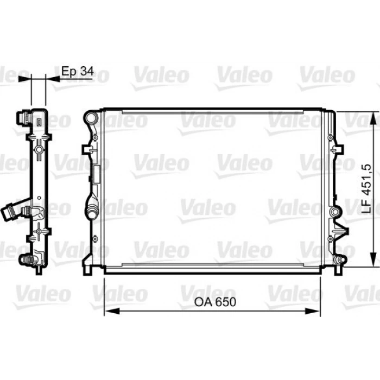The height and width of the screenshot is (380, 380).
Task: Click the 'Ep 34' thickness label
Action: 78,71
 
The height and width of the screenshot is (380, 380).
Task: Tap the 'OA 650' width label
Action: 215,302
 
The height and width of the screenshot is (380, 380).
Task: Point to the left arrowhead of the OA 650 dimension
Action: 112,311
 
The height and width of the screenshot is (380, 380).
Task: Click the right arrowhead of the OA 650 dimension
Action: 313,311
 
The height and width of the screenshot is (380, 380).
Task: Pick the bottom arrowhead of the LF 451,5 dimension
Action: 374,259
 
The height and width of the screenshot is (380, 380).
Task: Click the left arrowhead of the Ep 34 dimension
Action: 25,79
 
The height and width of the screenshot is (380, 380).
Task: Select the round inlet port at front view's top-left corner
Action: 91,118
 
